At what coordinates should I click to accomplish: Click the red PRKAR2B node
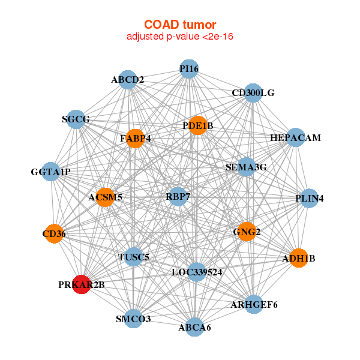(x=82, y=284)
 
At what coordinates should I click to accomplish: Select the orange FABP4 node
(x=135, y=139)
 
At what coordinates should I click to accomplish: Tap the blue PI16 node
(x=189, y=69)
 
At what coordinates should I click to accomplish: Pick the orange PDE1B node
(x=197, y=125)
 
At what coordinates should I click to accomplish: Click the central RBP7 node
(x=178, y=197)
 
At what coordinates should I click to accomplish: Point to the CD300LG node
(x=253, y=93)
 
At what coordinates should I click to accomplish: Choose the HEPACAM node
(x=295, y=137)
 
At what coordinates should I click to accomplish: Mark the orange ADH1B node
(x=299, y=258)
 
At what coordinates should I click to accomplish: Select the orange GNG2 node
(x=247, y=232)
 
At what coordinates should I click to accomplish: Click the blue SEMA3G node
(x=247, y=167)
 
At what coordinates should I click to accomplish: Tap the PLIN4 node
(x=309, y=198)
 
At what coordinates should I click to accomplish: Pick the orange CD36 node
(x=54, y=233)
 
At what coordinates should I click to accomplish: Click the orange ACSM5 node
(x=105, y=197)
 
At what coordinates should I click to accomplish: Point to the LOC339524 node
(x=197, y=272)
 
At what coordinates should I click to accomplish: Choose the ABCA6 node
(x=194, y=327)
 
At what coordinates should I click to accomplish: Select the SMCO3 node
(x=133, y=319)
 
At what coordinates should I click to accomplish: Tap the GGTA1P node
(x=51, y=172)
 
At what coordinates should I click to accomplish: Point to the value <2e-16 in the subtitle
(x=218, y=37)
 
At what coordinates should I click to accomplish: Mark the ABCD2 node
(x=128, y=80)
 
